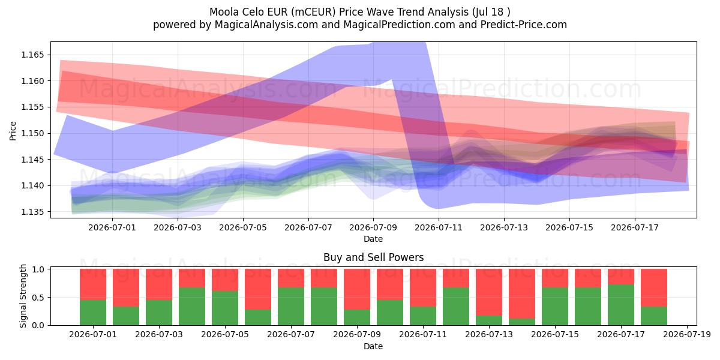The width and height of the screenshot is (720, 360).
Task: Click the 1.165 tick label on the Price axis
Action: click(32, 55)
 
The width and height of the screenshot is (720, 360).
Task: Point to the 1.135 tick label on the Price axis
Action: click(32, 212)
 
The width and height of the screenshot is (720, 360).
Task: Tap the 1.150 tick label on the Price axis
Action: click(32, 133)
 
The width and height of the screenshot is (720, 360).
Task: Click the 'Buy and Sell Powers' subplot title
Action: click(373, 257)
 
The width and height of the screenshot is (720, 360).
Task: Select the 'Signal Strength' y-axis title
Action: click(23, 296)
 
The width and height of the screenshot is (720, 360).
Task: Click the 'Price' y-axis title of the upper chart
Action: click(13, 131)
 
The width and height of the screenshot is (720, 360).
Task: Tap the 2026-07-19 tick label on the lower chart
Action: click(687, 335)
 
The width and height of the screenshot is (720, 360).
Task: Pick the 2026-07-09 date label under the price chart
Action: click(373, 228)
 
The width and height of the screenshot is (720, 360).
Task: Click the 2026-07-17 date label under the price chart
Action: click(635, 228)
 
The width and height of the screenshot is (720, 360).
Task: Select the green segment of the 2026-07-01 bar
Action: click(93, 313)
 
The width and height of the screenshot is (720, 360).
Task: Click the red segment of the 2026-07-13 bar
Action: click(489, 292)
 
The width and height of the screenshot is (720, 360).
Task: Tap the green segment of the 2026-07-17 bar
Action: click(621, 305)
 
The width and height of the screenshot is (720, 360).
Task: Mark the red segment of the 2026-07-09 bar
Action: click(357, 289)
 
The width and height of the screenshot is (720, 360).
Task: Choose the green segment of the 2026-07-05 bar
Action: click(225, 308)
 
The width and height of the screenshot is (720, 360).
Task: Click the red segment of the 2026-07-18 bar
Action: click(654, 288)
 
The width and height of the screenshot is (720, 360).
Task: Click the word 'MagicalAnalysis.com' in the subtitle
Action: click(266, 25)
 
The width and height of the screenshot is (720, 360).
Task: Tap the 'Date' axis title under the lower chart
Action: click(373, 347)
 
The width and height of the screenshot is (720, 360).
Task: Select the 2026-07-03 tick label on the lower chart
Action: click(159, 335)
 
